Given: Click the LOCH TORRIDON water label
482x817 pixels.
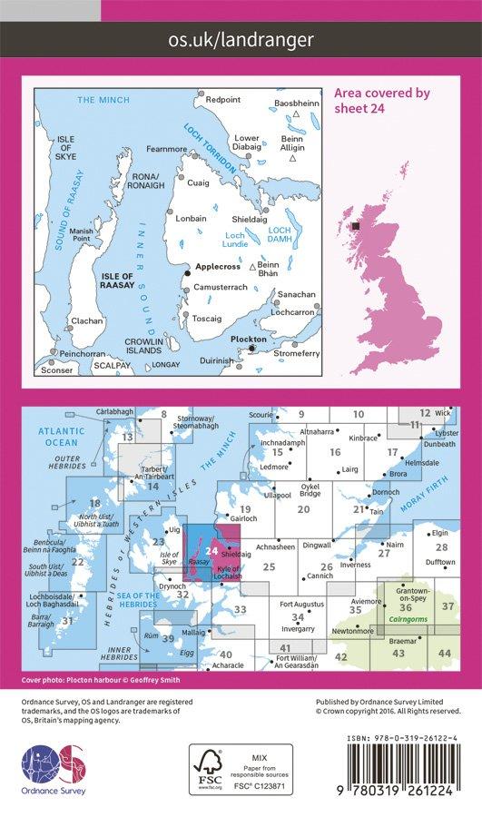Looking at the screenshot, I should (x=211, y=148).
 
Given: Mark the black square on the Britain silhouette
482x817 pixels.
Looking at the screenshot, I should (x=356, y=226).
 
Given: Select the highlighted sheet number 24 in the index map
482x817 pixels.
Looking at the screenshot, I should (x=211, y=549).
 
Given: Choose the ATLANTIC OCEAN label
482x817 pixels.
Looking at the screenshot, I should (x=61, y=437).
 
